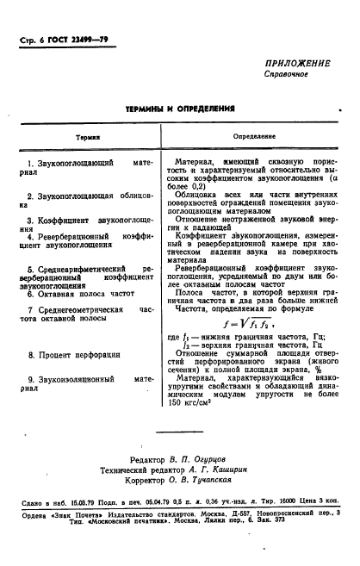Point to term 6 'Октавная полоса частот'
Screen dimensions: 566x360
pos(80,294)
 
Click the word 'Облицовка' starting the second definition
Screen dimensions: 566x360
pos(211,196)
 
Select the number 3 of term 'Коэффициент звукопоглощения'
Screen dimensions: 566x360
pos(30,221)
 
